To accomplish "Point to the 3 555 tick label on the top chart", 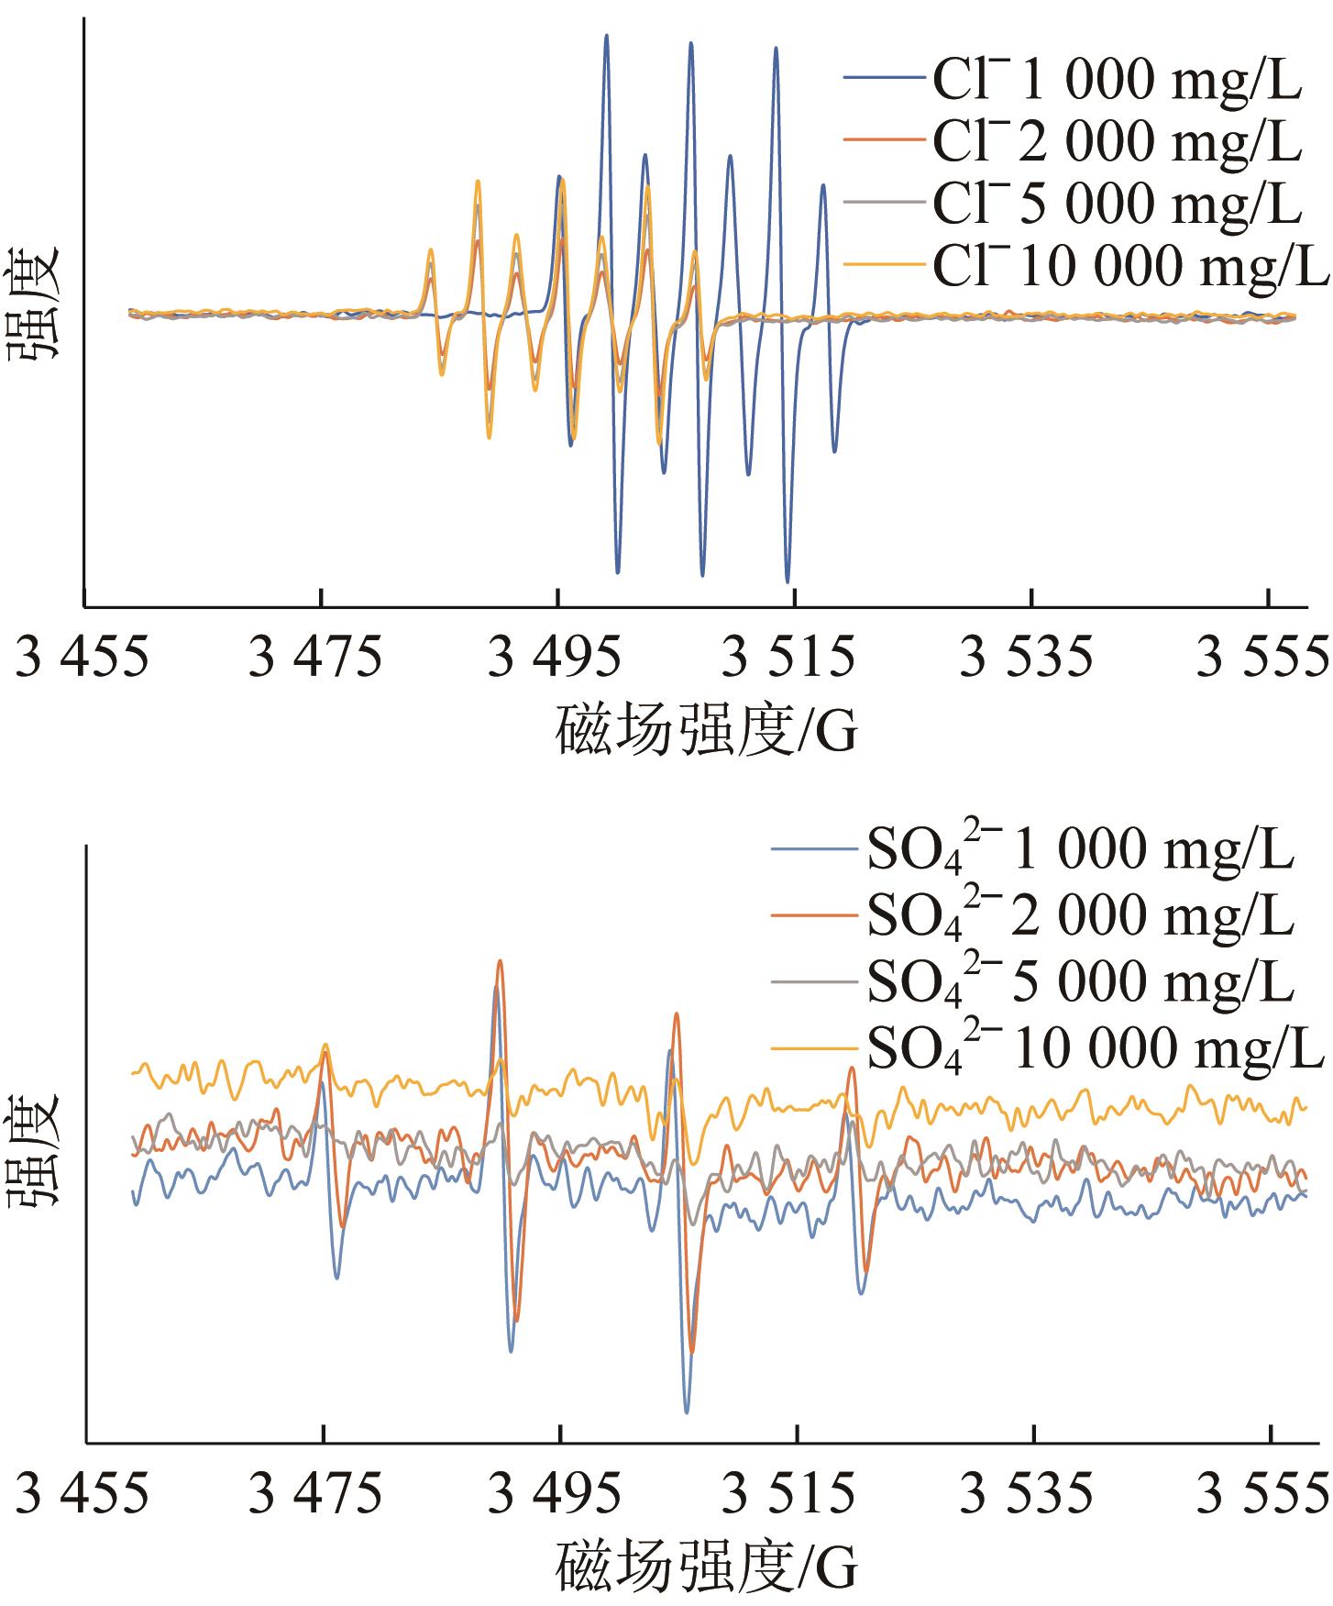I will pyautogui.click(x=1263, y=659).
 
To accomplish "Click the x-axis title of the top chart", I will pyautogui.click(x=706, y=731).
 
